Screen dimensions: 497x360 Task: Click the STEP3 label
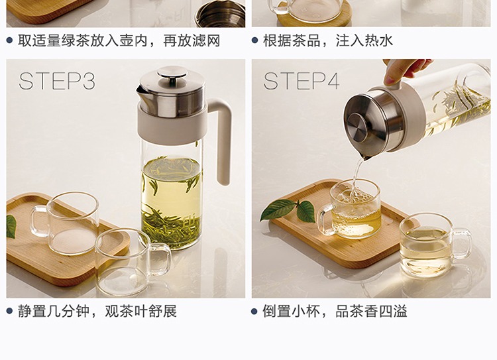pyautogui.click(x=57, y=81)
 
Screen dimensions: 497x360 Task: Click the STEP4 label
pyautogui.click(x=302, y=81)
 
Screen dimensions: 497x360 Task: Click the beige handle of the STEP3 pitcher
pyautogui.click(x=221, y=140)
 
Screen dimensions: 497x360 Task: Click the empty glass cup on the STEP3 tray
pyautogui.click(x=65, y=223)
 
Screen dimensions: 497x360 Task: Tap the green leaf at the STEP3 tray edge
pyautogui.click(x=11, y=227)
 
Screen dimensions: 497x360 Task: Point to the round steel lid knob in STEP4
pyautogui.click(x=357, y=127)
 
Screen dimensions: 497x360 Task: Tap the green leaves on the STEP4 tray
pyautogui.click(x=288, y=210)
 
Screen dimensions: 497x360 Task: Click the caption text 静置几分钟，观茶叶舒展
pyautogui.click(x=97, y=312)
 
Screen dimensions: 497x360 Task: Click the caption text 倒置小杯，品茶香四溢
pyautogui.click(x=335, y=312)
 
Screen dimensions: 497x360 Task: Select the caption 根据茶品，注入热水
pyautogui.click(x=328, y=41)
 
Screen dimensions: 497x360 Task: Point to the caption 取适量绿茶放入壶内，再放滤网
pyautogui.click(x=119, y=41)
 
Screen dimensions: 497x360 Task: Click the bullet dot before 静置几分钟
pyautogui.click(x=9, y=312)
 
